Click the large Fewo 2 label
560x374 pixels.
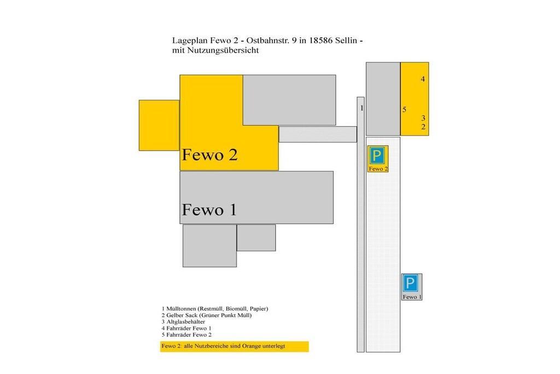coord(209,155)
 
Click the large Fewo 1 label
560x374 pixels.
coord(209,210)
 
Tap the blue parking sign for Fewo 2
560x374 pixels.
coord(377,156)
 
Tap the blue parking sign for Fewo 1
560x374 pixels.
coord(410,283)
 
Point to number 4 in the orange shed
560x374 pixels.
coord(423,79)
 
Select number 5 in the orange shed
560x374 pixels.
coord(404,110)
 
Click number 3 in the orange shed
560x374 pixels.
coord(423,118)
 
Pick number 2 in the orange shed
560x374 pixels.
coord(423,126)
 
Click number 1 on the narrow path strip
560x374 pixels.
coord(362,108)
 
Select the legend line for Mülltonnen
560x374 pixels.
coord(214,309)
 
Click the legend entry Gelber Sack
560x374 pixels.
coord(206,315)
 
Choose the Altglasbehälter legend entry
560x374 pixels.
coord(183,322)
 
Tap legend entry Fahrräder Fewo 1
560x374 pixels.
coord(186,328)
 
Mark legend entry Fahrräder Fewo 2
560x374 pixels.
coord(186,335)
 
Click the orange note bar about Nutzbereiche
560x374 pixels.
coord(234,347)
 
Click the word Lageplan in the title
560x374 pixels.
coord(187,41)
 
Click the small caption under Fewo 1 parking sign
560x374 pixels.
coord(412,297)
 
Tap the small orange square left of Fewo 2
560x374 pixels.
coord(159,125)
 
